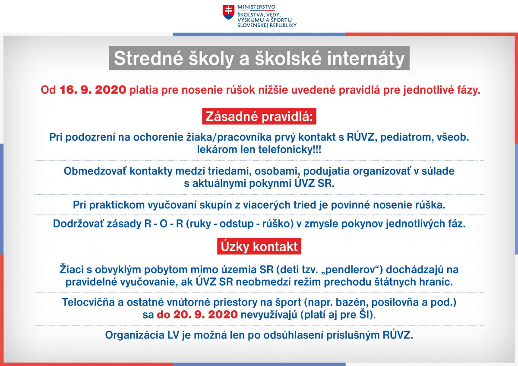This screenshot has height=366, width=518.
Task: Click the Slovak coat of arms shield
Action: click(228, 12)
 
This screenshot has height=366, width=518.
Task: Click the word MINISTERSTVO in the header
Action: click(256, 7)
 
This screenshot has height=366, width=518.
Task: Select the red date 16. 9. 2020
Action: click(93, 90)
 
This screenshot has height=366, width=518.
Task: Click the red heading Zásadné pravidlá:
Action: click(259, 116)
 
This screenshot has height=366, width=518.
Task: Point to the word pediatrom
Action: click(406, 137)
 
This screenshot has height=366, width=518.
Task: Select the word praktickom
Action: click(117, 205)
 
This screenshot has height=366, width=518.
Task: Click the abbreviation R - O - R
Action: click(164, 224)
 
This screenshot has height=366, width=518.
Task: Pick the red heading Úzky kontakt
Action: click(259, 246)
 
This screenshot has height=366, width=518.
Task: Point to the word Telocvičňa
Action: click(88, 302)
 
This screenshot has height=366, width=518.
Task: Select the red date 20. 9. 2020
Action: click(205, 315)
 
